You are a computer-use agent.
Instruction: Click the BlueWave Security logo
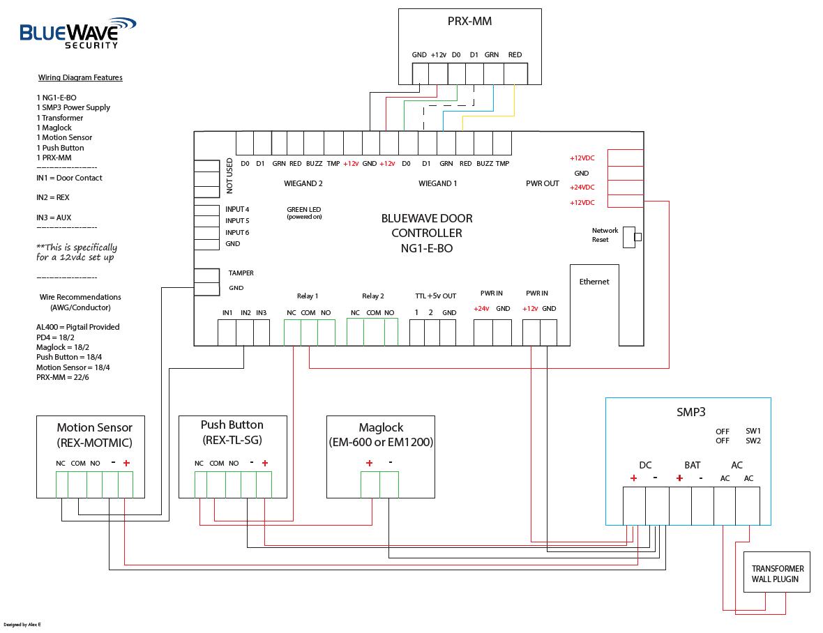point(77,33)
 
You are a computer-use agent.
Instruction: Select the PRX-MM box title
point(469,21)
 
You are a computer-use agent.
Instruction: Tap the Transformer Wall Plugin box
point(777,574)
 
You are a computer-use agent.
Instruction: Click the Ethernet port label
point(594,282)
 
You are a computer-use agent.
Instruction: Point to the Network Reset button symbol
point(637,237)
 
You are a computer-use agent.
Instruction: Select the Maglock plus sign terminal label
point(369,463)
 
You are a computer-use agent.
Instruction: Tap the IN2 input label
point(246,313)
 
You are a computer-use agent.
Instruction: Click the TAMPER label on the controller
point(241,273)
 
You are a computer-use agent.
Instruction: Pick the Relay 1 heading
point(308,296)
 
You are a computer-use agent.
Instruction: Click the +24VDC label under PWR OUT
point(582,188)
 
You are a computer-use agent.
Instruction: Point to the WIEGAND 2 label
point(303,184)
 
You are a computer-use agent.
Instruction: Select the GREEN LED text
point(303,209)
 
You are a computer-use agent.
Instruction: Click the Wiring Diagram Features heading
point(80,77)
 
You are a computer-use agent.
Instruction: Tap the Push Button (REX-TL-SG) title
point(232,432)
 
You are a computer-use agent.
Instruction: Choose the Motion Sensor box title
point(94,434)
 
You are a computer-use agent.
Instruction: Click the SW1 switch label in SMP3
point(753,432)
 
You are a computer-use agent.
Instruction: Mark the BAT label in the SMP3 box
point(692,465)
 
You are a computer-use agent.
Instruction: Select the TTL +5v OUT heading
point(435,296)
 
